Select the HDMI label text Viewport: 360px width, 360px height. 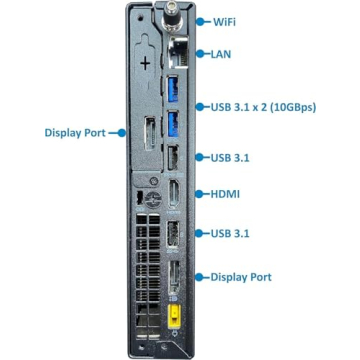coord(226,194)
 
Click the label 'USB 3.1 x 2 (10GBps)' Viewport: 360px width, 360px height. coord(263,106)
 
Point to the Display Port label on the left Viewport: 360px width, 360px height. coord(79,131)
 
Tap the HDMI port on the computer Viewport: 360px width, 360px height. coord(172,194)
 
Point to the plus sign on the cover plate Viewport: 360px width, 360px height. coord(146,62)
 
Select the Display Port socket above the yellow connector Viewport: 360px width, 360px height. coord(172,278)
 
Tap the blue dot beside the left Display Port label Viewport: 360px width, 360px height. coord(123,131)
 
